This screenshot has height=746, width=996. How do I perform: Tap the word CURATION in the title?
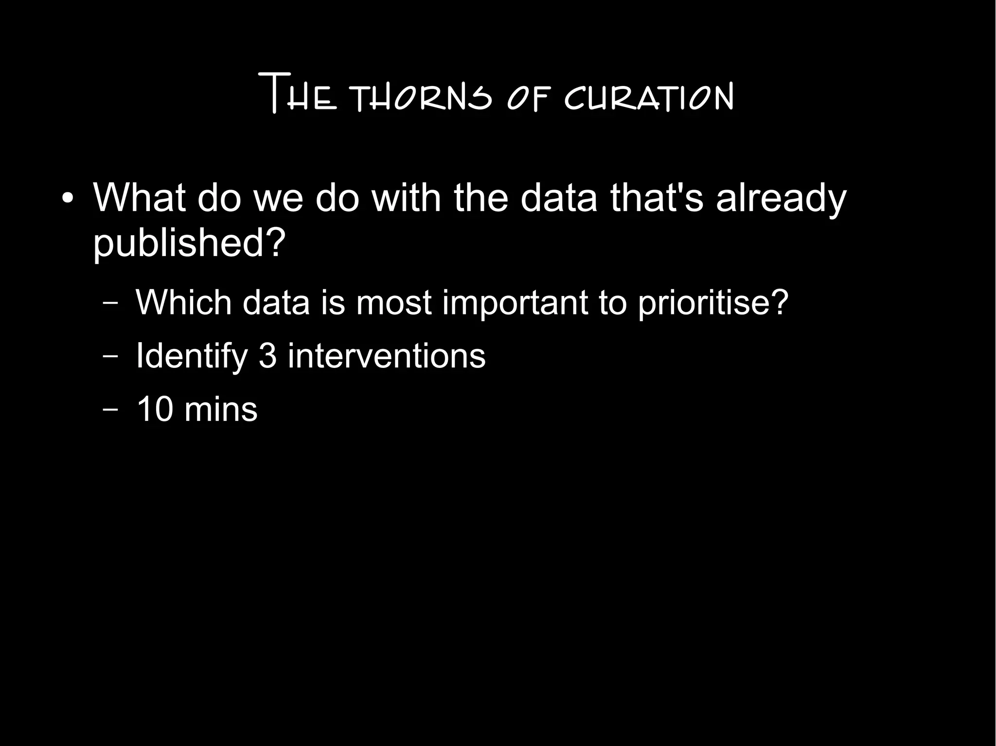click(x=649, y=99)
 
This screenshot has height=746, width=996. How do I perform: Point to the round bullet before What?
click(x=68, y=199)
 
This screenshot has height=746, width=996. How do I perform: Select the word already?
click(x=781, y=199)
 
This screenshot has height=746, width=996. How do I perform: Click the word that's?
click(x=657, y=198)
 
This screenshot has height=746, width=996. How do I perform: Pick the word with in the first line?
click(x=406, y=198)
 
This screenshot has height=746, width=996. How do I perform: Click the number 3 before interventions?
click(x=267, y=356)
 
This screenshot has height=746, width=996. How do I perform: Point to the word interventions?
click(x=387, y=356)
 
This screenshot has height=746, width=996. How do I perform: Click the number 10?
click(x=155, y=409)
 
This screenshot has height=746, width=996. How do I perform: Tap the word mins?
click(x=221, y=409)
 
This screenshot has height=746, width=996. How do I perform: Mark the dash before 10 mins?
click(x=111, y=409)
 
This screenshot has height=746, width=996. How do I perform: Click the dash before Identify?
click(x=111, y=356)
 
